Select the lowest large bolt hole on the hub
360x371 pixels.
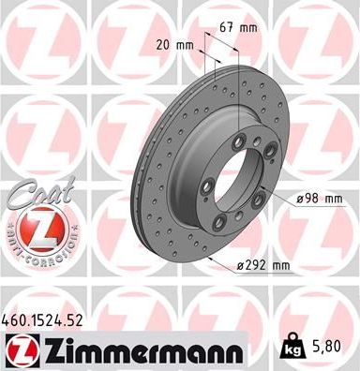pos(218,221)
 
